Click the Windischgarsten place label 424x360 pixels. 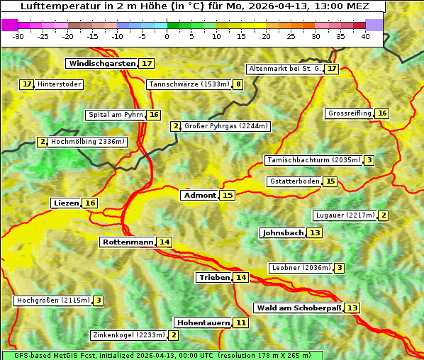point(101,64)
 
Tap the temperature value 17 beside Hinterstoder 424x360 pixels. point(27,84)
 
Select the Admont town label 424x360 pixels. point(199,196)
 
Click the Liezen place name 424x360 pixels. point(66,203)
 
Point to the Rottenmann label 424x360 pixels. point(128,242)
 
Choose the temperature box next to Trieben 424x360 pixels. point(241,278)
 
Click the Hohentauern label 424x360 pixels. point(203,323)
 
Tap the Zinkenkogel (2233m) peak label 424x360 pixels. point(128,335)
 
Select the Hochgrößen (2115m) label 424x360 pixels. point(53,300)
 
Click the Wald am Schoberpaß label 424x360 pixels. point(299,308)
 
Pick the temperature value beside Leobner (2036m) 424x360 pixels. point(340,268)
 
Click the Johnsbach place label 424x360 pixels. point(283,233)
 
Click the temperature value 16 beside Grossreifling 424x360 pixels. point(382,113)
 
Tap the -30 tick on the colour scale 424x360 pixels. point(19,36)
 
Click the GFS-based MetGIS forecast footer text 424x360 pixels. point(160,355)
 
